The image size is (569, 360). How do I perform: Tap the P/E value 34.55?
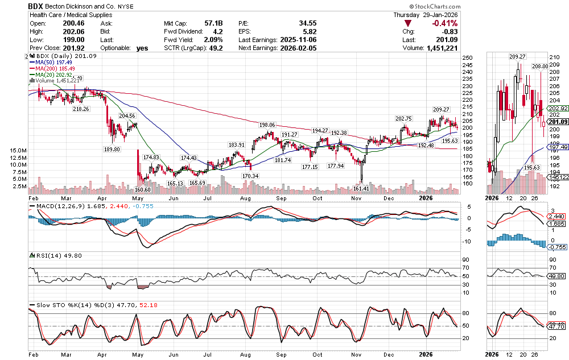click(x=307, y=23)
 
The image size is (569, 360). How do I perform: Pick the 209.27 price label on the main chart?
click(x=441, y=109)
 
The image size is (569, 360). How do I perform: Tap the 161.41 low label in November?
click(x=361, y=188)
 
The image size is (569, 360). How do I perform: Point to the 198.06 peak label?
click(x=267, y=125)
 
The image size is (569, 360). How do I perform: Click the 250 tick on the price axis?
click(x=468, y=58)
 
